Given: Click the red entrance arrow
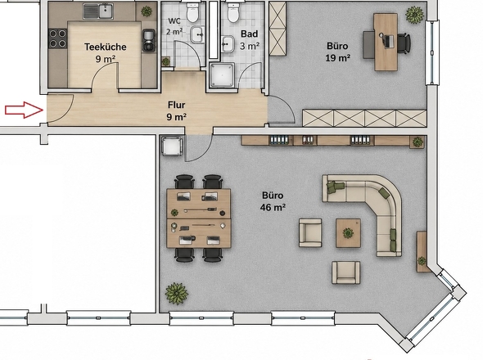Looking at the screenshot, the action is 24,110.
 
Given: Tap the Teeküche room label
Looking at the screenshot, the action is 106,47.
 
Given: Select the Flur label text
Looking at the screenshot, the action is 177,105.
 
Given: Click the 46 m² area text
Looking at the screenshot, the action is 273,207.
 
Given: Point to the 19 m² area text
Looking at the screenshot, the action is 337,57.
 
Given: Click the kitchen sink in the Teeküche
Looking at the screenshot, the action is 98,11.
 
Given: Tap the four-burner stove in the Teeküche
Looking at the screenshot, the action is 57,38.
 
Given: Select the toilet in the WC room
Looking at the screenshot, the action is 193,13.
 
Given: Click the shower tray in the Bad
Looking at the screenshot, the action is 222,75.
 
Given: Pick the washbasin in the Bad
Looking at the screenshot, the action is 227,43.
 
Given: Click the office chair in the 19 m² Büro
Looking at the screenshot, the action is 404,43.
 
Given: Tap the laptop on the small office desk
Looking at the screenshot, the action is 388,41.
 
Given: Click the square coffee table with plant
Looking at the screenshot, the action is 348,233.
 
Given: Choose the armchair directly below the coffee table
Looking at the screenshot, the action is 346,272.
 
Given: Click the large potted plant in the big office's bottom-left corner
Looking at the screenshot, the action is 177,294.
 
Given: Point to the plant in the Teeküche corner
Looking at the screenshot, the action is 147,11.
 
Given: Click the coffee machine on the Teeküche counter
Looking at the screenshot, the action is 149,40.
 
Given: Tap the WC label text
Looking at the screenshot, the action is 174,21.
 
